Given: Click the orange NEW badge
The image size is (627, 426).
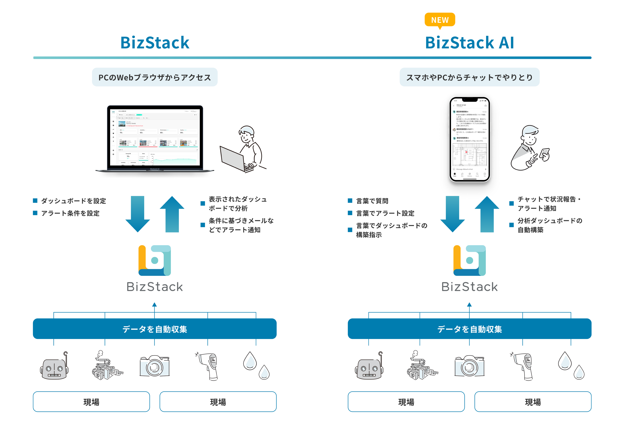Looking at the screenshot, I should click(440, 20).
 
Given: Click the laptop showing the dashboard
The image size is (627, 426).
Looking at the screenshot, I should click(155, 139).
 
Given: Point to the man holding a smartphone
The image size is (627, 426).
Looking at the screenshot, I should click(529, 148).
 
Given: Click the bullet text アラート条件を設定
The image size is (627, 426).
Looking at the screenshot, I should click(70, 213).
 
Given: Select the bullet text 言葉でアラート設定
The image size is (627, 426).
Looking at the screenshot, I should click(385, 213).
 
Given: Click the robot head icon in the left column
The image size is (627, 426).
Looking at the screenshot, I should click(54, 367).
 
